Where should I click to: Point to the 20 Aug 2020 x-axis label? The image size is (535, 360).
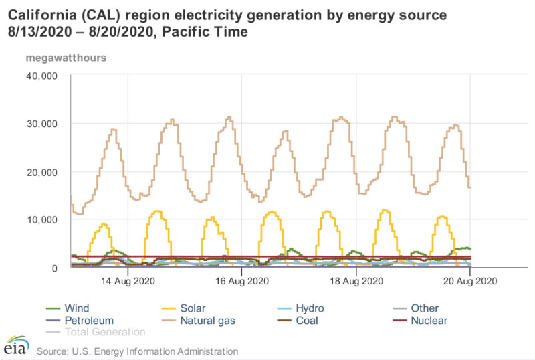[x=471, y=282]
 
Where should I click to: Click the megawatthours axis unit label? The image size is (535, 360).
[x=66, y=57]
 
